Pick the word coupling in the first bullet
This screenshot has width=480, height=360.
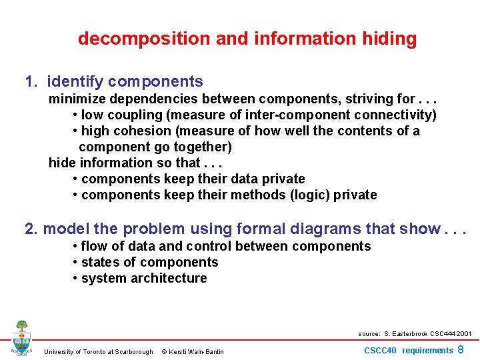(x=135, y=115)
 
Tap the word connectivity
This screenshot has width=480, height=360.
(x=395, y=115)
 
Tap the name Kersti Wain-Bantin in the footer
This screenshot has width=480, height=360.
(x=197, y=352)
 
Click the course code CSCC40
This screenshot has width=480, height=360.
(x=381, y=351)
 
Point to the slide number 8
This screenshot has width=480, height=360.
(x=461, y=349)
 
